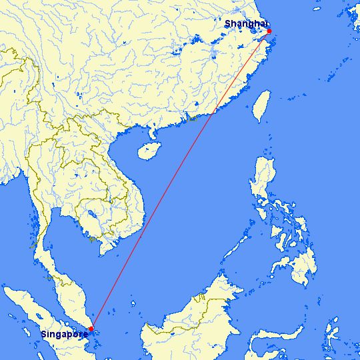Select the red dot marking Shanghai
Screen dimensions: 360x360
(269, 31)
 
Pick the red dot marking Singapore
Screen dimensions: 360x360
(91, 328)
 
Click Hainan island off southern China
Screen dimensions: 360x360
(150, 151)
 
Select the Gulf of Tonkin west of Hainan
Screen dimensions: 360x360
(130, 143)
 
